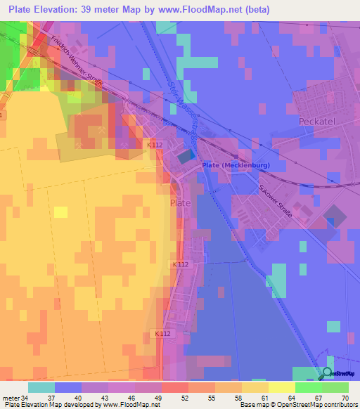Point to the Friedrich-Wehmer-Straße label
point(77,63)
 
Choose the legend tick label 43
point(108,398)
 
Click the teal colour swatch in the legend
point(41,387)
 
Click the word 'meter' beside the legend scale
point(11,398)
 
